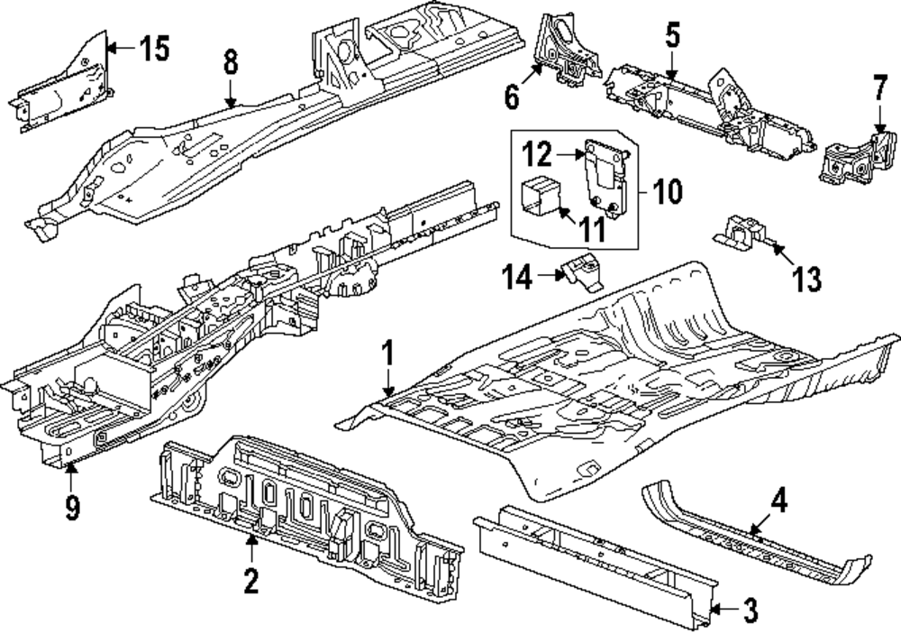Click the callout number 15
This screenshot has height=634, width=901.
click(155, 48)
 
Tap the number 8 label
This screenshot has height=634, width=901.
click(231, 63)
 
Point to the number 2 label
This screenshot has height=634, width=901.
click(250, 579)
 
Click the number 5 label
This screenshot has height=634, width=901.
click(672, 37)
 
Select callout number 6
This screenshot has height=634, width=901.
click(512, 95)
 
